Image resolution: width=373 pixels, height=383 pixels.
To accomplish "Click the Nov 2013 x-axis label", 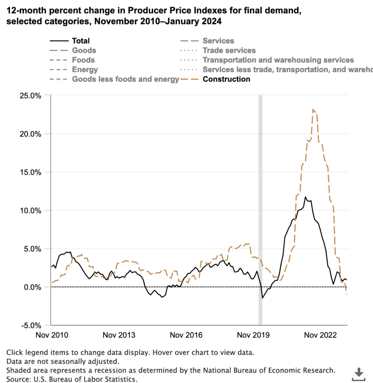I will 119,335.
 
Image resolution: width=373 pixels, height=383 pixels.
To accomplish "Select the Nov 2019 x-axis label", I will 253,335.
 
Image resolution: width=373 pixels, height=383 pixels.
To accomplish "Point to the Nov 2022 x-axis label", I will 320,335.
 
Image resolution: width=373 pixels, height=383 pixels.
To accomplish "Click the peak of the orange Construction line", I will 313,109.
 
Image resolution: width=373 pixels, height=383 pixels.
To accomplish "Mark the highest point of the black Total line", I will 305,197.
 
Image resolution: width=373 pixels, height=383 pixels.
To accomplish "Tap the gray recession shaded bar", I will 261,209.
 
